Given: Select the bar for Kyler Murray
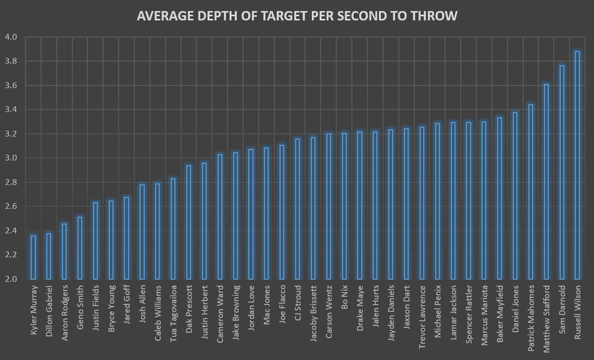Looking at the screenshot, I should click(x=33, y=257).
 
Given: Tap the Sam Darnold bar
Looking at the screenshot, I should click(x=561, y=172).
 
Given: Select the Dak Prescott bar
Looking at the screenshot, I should click(x=189, y=222).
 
